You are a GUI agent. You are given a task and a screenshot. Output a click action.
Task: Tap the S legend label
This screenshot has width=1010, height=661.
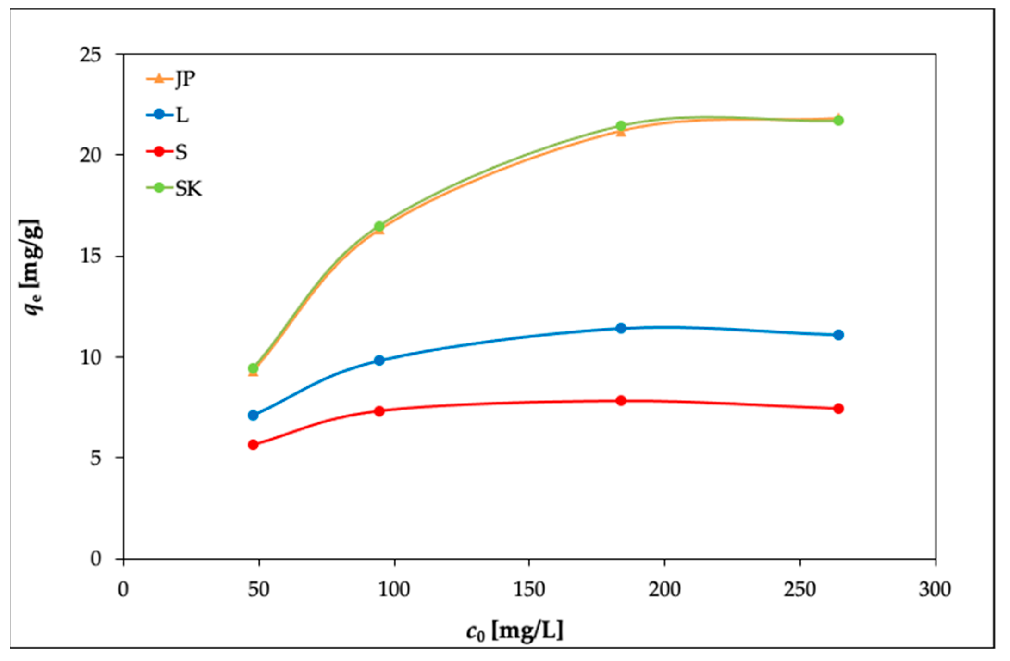coord(181,152)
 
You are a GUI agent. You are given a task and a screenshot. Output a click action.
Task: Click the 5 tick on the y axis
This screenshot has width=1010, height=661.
coord(95,458)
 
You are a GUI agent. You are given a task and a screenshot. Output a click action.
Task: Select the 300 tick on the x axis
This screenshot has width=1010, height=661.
coord(935,590)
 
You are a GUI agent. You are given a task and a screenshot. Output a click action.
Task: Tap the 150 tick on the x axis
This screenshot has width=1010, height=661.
coord(529,590)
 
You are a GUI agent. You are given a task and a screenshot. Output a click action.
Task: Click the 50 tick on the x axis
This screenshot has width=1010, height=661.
coord(259,590)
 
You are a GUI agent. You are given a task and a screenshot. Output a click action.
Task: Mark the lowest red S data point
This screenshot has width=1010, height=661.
coord(253,445)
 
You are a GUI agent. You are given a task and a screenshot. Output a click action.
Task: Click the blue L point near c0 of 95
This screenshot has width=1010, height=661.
coord(379,360)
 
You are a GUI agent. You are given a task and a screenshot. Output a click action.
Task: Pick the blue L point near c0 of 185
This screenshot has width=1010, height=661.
coord(621,328)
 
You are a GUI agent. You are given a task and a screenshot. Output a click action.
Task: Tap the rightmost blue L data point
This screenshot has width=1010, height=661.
coord(838,335)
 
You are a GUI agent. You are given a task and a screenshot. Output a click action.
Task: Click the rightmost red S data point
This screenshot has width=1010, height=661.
coord(838,409)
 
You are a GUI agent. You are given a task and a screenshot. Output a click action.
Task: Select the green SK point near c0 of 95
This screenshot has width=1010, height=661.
coord(379,226)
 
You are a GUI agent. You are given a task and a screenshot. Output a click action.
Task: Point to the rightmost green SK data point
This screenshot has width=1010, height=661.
coord(838,121)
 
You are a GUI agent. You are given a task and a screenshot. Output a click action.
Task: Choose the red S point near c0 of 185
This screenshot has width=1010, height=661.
coord(621,401)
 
